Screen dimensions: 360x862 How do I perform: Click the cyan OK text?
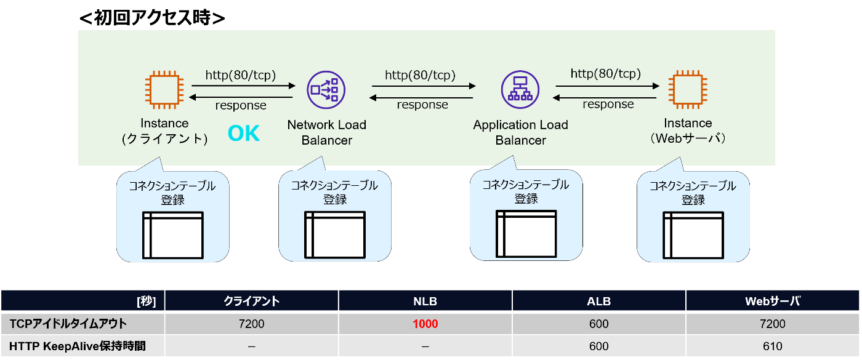coord(244,134)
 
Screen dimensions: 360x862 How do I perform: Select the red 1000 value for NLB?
coord(425,324)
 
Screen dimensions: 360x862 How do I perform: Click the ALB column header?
coord(598,301)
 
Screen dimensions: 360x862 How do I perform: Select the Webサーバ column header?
coord(772,301)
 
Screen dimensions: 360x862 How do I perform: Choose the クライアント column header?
coord(251,301)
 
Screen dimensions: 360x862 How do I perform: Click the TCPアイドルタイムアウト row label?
coord(68,324)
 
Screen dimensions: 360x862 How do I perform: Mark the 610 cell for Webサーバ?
coord(772,346)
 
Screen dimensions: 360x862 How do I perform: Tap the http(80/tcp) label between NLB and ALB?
coord(420,75)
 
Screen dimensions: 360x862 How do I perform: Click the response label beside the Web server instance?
coord(608,104)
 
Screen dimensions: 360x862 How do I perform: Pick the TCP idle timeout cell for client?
coord(251,324)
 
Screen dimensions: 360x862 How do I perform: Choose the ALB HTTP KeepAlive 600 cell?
coord(598,346)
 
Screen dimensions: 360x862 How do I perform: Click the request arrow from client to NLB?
coord(243,86)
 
